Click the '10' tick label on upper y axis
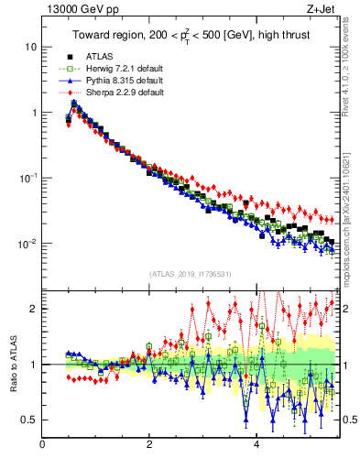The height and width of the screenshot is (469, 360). click(30, 47)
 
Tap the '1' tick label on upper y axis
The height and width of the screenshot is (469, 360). click(33, 113)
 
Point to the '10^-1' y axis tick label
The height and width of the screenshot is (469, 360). click(27, 178)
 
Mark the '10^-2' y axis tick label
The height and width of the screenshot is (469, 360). click(27, 244)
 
